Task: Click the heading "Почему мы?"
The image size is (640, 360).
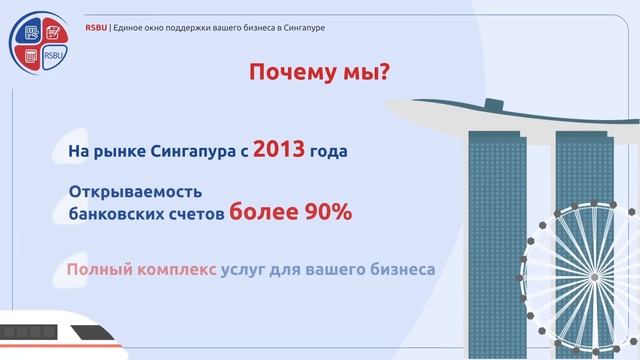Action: tap(318, 74)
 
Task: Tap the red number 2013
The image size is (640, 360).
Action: tap(279, 151)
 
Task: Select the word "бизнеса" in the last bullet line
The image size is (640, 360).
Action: tap(400, 270)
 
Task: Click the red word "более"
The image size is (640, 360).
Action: tap(261, 212)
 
